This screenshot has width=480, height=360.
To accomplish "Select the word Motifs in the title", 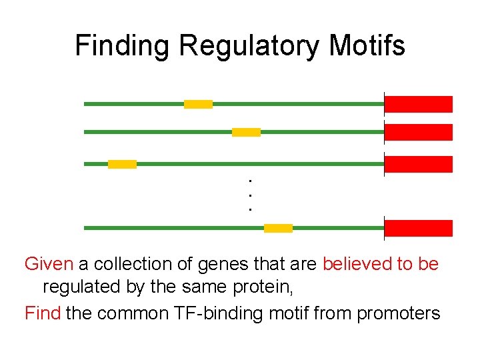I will pyautogui.click(x=367, y=46).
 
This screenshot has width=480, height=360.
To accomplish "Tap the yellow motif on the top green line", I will pyautogui.click(x=198, y=104).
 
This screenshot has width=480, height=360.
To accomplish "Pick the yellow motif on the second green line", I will pyautogui.click(x=246, y=132).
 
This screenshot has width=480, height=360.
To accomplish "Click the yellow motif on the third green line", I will pyautogui.click(x=122, y=164).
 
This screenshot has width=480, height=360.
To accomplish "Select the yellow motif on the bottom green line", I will pyautogui.click(x=278, y=228).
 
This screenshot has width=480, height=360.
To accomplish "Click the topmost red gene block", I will pyautogui.click(x=419, y=104).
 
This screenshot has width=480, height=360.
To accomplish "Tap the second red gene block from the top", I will pyautogui.click(x=419, y=132).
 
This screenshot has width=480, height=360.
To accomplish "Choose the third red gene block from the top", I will pyautogui.click(x=419, y=164).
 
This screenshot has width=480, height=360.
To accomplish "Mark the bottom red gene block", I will pyautogui.click(x=419, y=228).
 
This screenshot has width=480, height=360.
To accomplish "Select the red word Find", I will pyautogui.click(x=43, y=313).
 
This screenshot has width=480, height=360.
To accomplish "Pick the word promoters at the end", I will pyautogui.click(x=399, y=313).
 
